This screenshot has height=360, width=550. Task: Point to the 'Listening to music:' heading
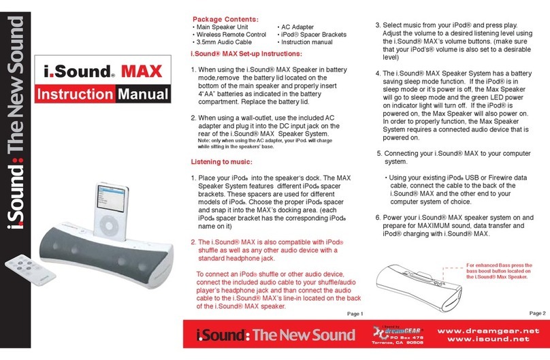(221, 162)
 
